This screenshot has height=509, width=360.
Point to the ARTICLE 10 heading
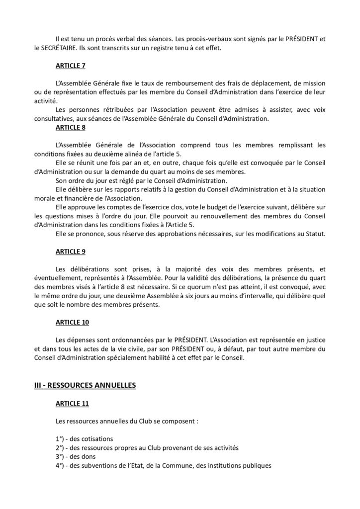click(x=73, y=322)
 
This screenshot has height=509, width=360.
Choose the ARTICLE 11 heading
click(x=73, y=404)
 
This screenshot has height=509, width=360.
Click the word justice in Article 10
click(x=314, y=340)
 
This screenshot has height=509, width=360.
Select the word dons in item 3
click(x=82, y=456)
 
